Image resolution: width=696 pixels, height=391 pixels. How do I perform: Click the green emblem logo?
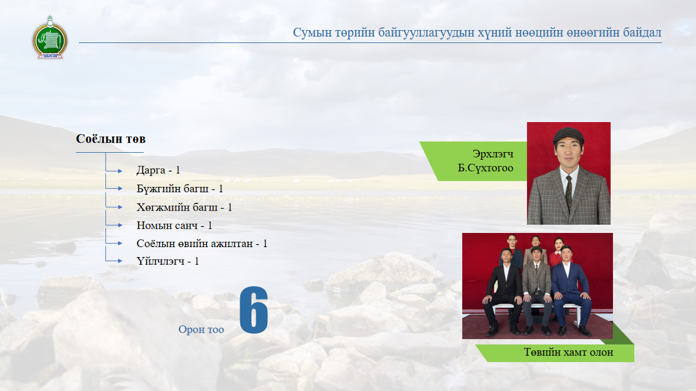click(x=49, y=38)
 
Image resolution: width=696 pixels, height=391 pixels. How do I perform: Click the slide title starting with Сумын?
click(x=477, y=32)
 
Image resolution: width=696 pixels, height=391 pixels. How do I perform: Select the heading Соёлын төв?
click(x=111, y=139)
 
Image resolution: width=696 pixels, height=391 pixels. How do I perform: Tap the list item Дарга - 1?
click(x=158, y=170)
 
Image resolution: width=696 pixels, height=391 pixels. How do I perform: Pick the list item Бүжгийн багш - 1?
click(x=180, y=189)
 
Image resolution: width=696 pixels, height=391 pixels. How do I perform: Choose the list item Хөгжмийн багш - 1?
click(x=184, y=208)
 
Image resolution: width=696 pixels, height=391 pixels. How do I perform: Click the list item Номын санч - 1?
click(x=174, y=226)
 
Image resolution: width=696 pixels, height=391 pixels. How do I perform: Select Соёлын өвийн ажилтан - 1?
click(x=202, y=244)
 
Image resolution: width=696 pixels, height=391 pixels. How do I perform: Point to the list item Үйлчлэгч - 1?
click(x=167, y=261)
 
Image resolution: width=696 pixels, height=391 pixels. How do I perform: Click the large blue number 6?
click(x=254, y=310)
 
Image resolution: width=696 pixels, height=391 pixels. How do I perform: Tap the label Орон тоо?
click(x=201, y=329)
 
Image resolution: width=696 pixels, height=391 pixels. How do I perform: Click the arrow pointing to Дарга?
click(x=114, y=170)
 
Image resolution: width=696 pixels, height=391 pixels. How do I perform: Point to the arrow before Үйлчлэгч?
click(x=114, y=261)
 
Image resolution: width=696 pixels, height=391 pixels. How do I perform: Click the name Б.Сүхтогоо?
click(x=486, y=168)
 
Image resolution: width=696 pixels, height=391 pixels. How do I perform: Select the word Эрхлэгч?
click(x=493, y=154)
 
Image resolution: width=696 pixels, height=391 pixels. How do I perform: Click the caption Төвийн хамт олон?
click(x=569, y=352)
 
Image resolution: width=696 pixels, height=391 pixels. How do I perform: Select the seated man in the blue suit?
click(x=571, y=291)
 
